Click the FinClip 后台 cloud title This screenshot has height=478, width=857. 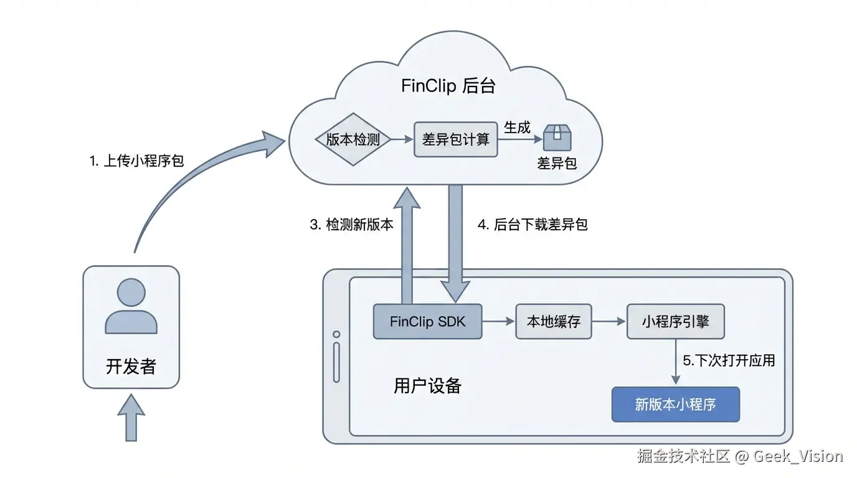448,85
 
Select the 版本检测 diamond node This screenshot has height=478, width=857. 353,139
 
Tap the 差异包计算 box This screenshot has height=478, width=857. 456,139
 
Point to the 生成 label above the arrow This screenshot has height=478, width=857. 517,128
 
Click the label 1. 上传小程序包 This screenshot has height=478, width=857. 136,161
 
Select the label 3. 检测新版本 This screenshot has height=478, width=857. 352,225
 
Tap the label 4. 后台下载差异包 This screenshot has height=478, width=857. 533,225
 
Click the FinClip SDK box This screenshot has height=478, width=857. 427,322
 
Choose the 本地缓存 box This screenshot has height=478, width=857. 554,322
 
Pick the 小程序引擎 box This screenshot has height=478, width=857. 676,322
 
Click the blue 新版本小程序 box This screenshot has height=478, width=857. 676,405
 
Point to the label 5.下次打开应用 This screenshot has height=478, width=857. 729,360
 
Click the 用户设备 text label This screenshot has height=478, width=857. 427,386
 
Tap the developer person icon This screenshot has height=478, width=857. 131,306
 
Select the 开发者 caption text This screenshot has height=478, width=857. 131,367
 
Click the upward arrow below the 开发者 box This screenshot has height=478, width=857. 131,418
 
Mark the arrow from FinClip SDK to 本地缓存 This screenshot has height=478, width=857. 498,322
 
